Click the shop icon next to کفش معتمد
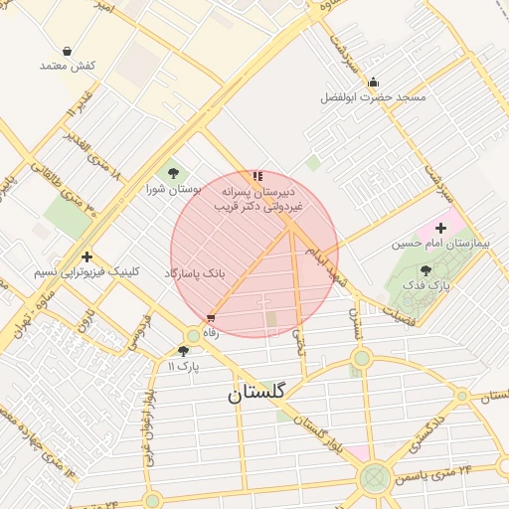(x=67, y=51)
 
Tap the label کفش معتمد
(x=67, y=65)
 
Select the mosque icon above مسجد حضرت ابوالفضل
(x=373, y=83)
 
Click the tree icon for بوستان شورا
(x=175, y=174)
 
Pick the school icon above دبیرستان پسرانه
(x=258, y=175)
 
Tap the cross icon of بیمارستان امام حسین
(x=440, y=228)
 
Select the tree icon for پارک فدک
(x=426, y=270)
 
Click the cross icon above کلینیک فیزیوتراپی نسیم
(x=87, y=256)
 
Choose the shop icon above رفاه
(x=210, y=318)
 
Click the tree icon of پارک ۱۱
(x=183, y=351)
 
